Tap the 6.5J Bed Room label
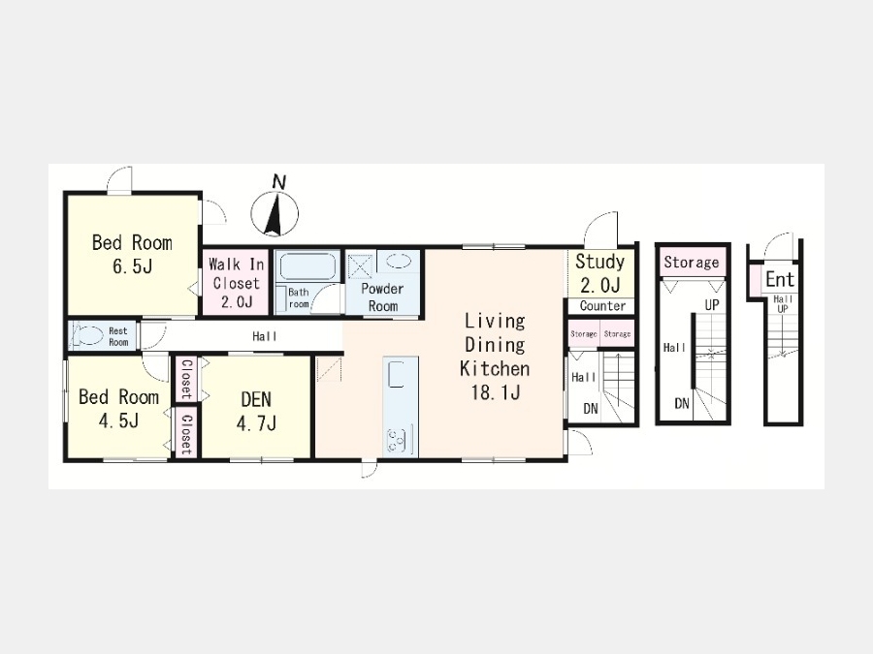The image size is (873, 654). [132, 254]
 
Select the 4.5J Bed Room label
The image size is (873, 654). [118, 409]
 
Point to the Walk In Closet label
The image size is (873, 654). [236, 283]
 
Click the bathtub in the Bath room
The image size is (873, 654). [307, 266]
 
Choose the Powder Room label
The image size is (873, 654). [382, 297]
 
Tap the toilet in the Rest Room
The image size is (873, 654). [88, 335]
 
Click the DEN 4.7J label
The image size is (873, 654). [256, 412]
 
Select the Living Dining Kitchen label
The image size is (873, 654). [495, 356]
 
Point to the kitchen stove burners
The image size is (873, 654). [398, 441]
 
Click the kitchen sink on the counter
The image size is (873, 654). [397, 374]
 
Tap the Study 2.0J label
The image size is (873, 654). [599, 273]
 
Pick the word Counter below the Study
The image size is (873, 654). [602, 306]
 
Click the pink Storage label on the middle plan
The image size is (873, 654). [691, 263]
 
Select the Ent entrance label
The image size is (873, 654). [780, 279]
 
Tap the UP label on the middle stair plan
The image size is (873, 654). [712, 305]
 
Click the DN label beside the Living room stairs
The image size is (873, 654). [591, 409]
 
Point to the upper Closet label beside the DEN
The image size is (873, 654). [186, 379]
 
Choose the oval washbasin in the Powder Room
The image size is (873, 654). [398, 262]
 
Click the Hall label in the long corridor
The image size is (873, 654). [265, 336]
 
